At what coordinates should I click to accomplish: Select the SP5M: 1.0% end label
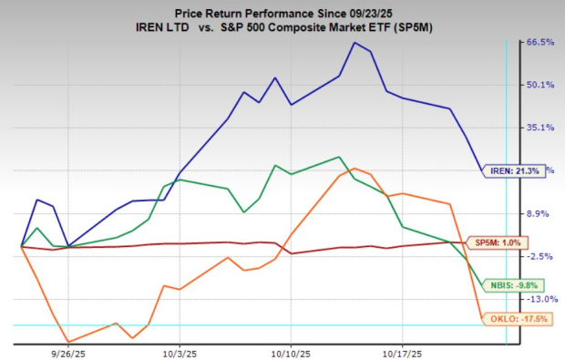(498, 242)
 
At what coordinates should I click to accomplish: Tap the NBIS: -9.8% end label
(507, 284)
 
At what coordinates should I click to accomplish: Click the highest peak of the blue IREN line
(354, 43)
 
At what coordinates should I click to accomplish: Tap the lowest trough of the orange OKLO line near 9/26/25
(69, 342)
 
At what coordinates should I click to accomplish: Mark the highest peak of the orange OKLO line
(354, 169)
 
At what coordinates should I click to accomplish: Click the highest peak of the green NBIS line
(339, 157)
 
